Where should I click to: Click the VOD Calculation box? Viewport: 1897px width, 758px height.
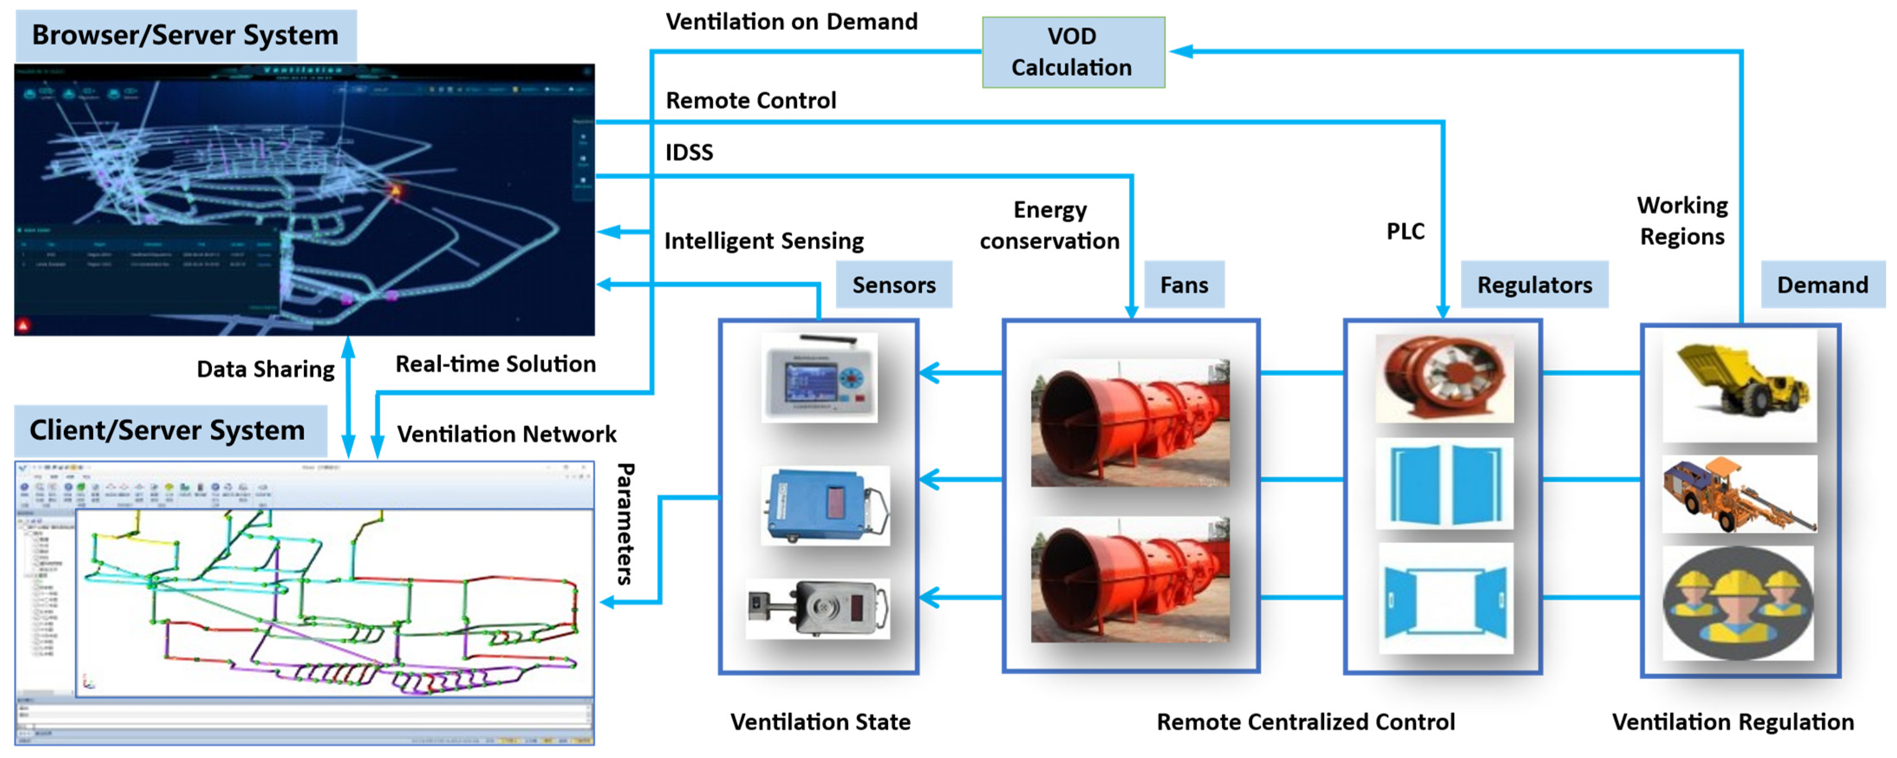click(x=1073, y=52)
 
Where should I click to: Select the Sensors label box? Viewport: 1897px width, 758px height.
click(x=893, y=284)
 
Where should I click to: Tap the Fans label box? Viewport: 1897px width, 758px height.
click(x=1184, y=284)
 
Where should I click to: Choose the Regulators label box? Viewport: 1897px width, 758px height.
click(x=1534, y=284)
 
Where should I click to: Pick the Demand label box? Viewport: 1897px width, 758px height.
click(x=1822, y=284)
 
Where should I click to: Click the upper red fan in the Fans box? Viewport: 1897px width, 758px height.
click(x=1129, y=423)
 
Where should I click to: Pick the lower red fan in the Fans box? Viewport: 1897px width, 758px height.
click(x=1129, y=580)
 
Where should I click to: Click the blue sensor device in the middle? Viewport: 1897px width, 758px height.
click(x=825, y=505)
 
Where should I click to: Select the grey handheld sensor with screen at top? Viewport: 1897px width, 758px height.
click(x=819, y=377)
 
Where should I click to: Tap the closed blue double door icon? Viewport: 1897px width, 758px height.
click(x=1444, y=483)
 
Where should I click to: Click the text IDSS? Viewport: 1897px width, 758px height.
click(x=689, y=153)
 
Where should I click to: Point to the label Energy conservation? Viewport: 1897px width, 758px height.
click(x=1049, y=225)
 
